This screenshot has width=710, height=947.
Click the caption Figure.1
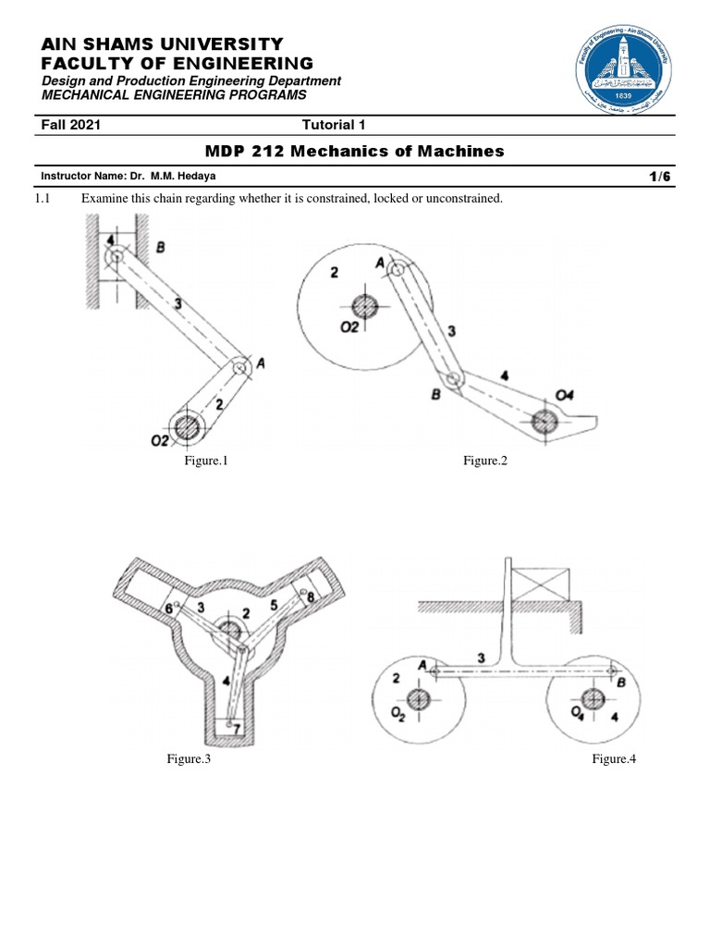click(x=205, y=461)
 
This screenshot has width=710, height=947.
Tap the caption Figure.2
click(x=486, y=461)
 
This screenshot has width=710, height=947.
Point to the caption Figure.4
click(x=615, y=759)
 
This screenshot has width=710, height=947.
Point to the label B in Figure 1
click(x=161, y=247)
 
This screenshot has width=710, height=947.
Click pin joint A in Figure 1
click(x=240, y=367)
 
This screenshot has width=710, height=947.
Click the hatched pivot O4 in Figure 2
click(x=544, y=421)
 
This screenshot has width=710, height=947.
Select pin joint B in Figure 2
click(x=453, y=379)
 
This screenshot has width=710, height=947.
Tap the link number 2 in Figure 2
click(x=335, y=272)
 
